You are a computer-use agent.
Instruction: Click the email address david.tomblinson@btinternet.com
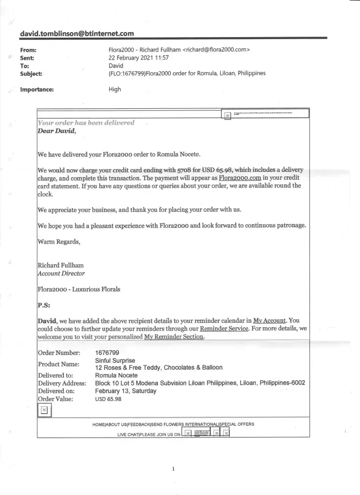77,34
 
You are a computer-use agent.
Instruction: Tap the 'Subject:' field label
31,73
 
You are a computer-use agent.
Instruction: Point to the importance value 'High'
114,90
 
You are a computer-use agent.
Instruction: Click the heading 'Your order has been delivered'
86,123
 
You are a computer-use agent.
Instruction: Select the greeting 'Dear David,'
57,131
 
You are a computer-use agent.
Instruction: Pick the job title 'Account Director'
61,273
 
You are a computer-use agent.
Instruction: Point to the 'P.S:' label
44,304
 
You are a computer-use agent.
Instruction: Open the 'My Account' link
270,320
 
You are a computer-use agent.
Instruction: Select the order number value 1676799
107,353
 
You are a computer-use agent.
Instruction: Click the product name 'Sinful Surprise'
115,360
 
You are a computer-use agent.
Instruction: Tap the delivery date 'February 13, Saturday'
126,391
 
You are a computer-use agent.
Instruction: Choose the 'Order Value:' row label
55,399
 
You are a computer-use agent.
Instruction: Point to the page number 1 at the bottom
173,469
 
